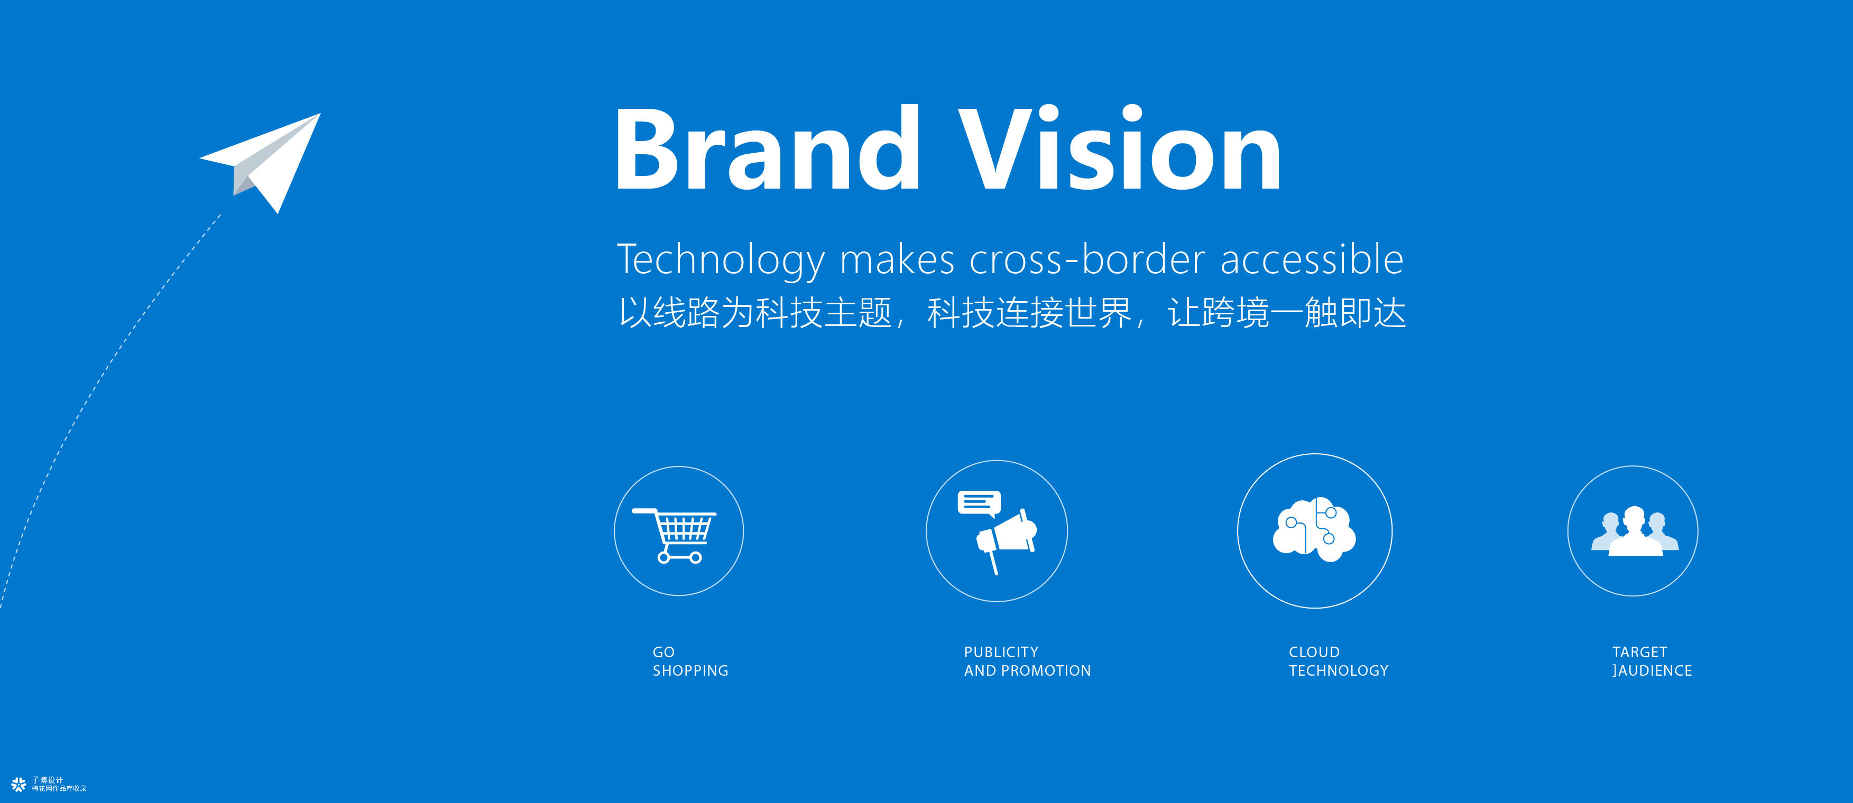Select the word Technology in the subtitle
pyautogui.click(x=721, y=260)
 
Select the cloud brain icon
pyautogui.click(x=1314, y=529)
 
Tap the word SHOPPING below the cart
pyautogui.click(x=690, y=671)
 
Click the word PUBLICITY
pyautogui.click(x=1001, y=652)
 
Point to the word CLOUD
pyautogui.click(x=1314, y=652)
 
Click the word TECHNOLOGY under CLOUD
pyautogui.click(x=1339, y=671)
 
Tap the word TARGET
pyautogui.click(x=1639, y=652)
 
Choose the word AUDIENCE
pyautogui.click(x=1655, y=671)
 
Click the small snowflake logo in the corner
pyautogui.click(x=19, y=785)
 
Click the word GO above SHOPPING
pyautogui.click(x=663, y=652)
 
